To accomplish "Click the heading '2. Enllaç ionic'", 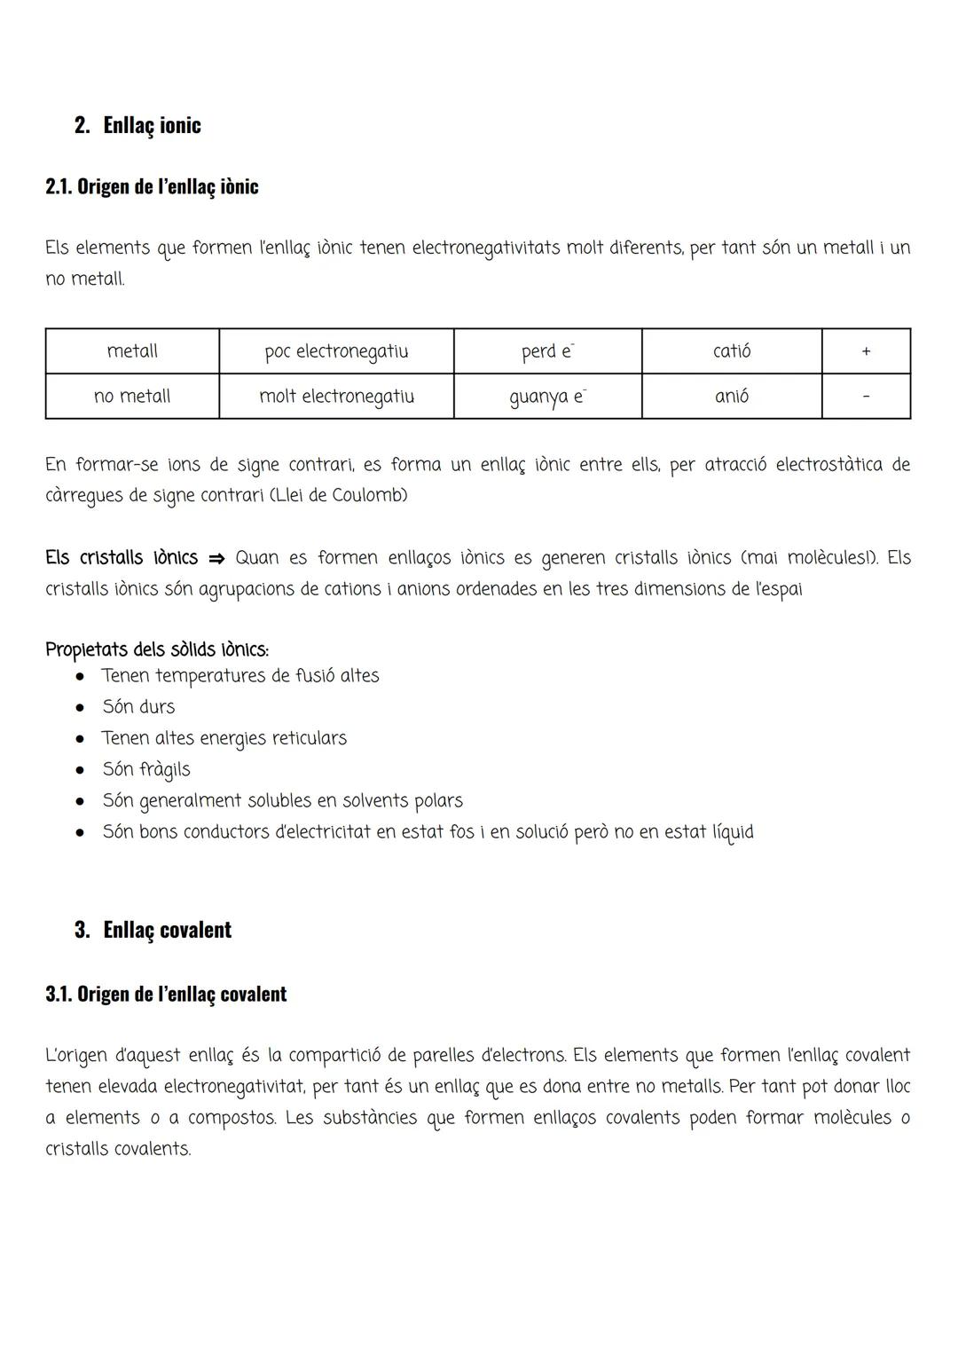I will pyautogui.click(x=137, y=125).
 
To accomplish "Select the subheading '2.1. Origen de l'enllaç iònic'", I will pyautogui.click(x=152, y=187).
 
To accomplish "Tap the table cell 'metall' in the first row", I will pyautogui.click(x=132, y=351).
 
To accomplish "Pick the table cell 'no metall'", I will pyautogui.click(x=132, y=397).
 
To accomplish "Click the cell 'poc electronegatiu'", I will pyautogui.click(x=336, y=351).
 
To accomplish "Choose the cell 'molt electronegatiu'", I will pyautogui.click(x=336, y=397).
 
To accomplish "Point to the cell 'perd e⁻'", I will pyautogui.click(x=547, y=351).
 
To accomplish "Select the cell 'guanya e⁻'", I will pyautogui.click(x=547, y=397).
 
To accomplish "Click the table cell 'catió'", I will pyautogui.click(x=732, y=351).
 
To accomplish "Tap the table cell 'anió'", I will pyautogui.click(x=732, y=397).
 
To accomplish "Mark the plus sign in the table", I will pyautogui.click(x=866, y=352).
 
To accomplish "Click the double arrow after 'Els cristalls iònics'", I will pyautogui.click(x=216, y=559).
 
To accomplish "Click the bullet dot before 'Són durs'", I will pyautogui.click(x=80, y=708).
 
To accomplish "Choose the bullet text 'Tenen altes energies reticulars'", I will pyautogui.click(x=224, y=738).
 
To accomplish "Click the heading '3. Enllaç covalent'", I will pyautogui.click(x=153, y=930).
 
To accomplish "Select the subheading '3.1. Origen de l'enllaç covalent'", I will pyautogui.click(x=166, y=994).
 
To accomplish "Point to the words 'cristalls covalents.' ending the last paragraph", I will pyautogui.click(x=118, y=1149).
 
